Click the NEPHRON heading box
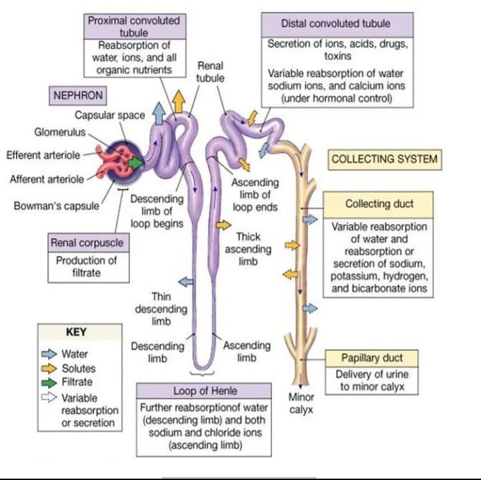point(78,95)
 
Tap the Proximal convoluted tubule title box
point(134,25)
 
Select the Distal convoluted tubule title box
point(335,24)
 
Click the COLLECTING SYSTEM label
point(385,159)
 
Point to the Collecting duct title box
point(379,204)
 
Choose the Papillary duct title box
point(372,358)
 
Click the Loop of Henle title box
point(205,391)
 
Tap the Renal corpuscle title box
point(87,243)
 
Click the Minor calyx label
point(301,403)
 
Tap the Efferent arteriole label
point(43,155)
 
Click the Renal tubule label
point(210,72)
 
